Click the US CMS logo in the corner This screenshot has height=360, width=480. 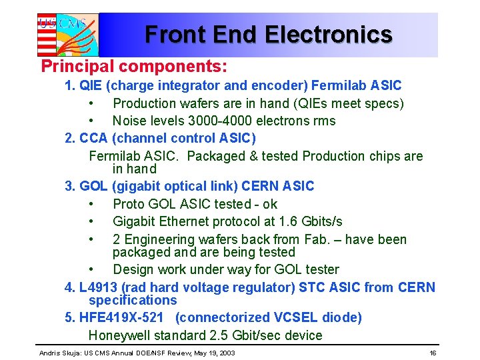67,34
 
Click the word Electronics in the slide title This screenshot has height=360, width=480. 328,34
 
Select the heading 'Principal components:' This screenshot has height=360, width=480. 134,67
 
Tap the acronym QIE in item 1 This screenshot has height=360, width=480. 92,85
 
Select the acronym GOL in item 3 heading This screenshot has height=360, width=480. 94,186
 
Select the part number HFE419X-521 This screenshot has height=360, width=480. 121,317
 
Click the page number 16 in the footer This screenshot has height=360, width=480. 433,352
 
